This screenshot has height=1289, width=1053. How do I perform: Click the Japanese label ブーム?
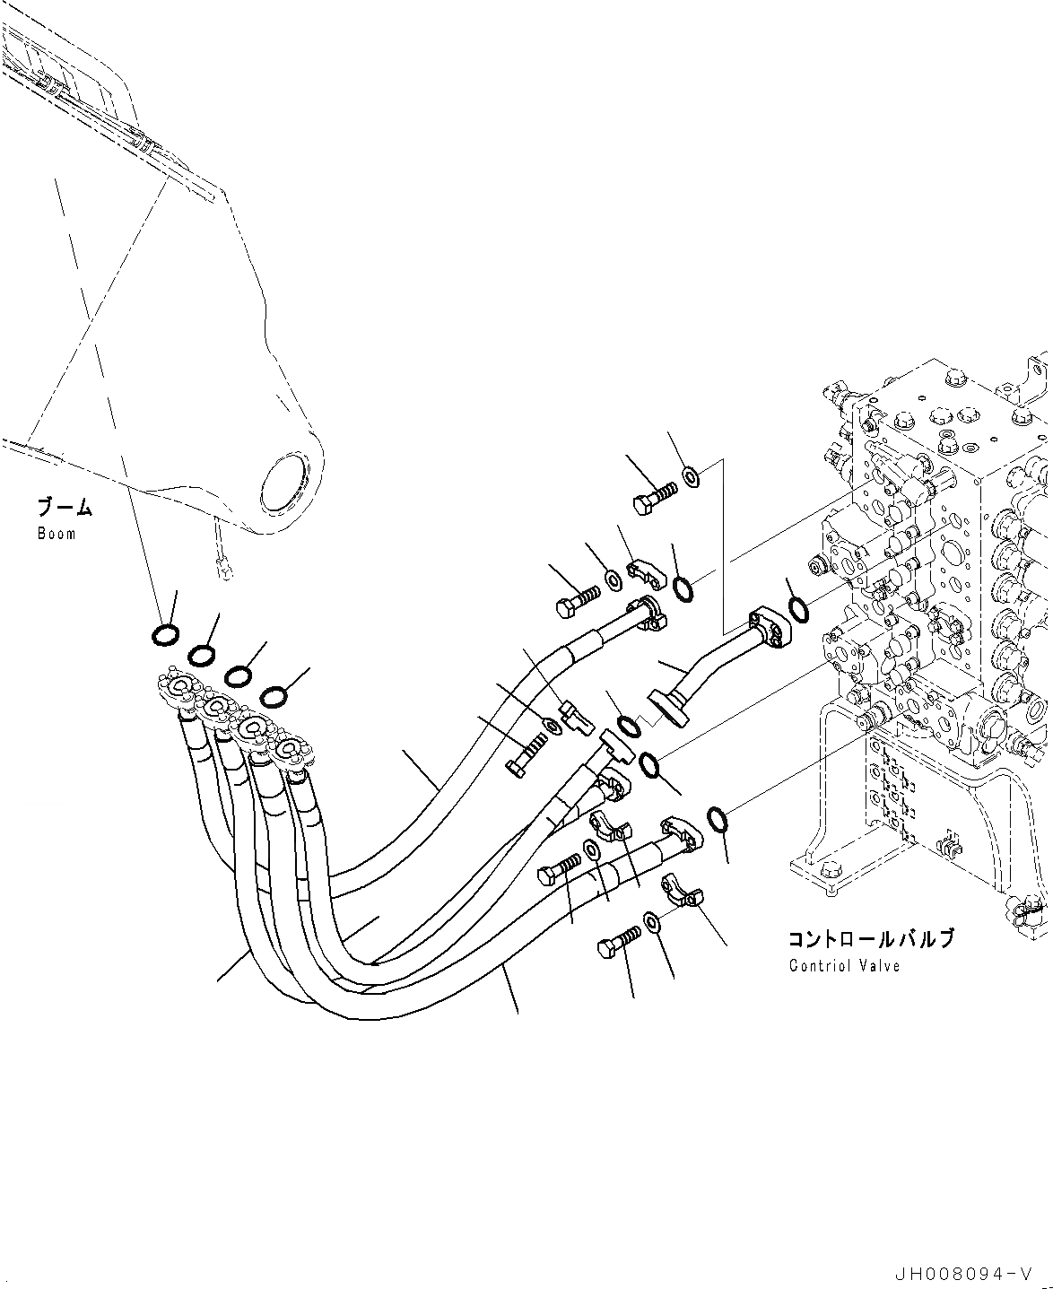(x=64, y=508)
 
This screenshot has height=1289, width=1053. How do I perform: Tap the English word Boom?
(x=57, y=534)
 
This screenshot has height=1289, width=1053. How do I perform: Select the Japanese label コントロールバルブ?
(x=870, y=939)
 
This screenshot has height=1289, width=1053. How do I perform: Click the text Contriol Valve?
(x=844, y=966)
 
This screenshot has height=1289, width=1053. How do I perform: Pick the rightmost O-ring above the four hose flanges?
(x=274, y=695)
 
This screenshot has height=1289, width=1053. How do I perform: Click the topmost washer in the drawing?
(x=692, y=475)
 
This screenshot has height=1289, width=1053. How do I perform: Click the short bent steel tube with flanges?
(x=718, y=664)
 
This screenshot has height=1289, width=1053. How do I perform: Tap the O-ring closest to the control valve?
(x=797, y=611)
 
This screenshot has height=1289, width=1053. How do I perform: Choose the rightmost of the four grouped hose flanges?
(x=292, y=749)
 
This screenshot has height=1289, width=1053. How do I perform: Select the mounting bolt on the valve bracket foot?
(x=830, y=868)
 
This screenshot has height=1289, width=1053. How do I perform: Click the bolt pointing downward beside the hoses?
(x=526, y=753)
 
